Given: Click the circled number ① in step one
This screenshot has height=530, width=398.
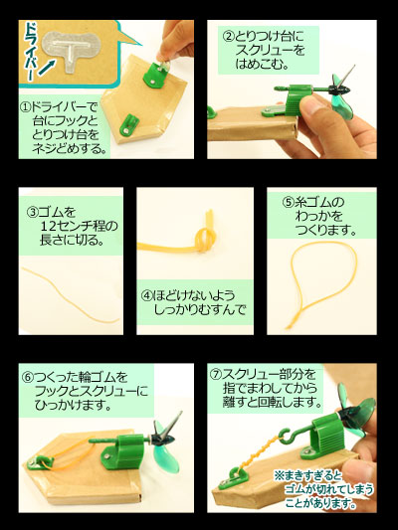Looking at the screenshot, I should point(26,106).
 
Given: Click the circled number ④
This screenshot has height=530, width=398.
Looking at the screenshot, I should point(145,294).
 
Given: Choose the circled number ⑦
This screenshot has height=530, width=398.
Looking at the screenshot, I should point(216,377).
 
